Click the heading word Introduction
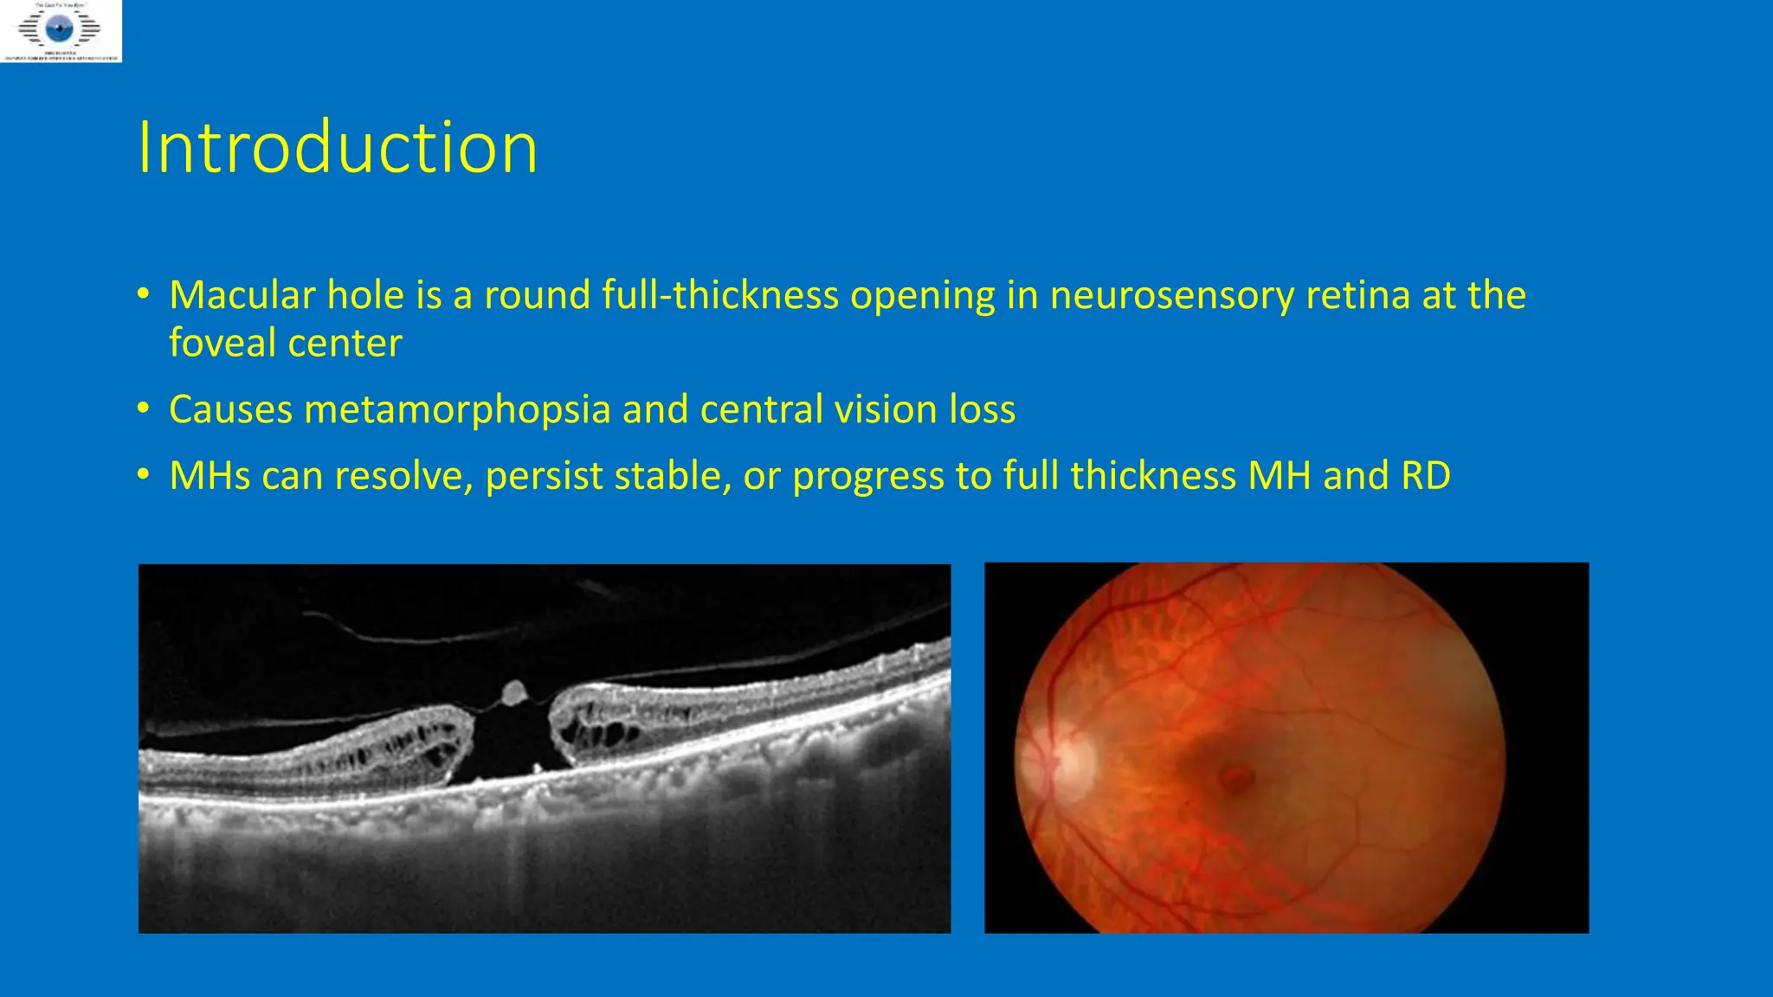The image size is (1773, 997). click(x=338, y=148)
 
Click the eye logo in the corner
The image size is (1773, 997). click(x=60, y=30)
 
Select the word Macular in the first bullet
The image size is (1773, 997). click(x=242, y=295)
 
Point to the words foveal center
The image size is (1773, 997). click(x=285, y=343)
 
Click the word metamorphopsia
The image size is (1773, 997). click(x=457, y=409)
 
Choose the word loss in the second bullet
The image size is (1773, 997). click(x=982, y=409)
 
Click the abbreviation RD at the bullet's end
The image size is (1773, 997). click(x=1422, y=476)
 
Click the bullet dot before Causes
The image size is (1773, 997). click(x=144, y=408)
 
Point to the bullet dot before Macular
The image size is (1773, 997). click(x=144, y=293)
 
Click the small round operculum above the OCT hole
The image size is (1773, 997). click(x=514, y=691)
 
